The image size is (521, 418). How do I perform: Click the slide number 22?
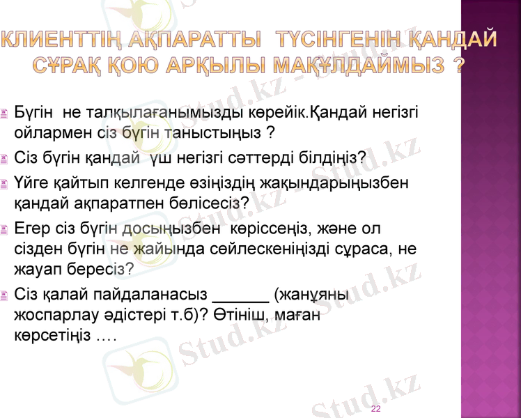(375, 409)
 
